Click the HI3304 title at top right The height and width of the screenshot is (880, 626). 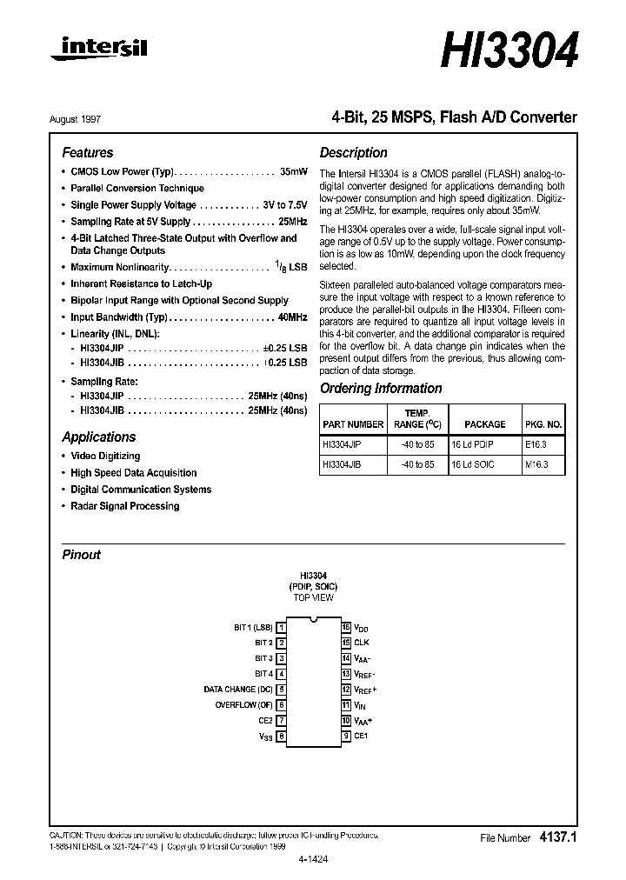[509, 51]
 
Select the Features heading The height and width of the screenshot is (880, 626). [87, 152]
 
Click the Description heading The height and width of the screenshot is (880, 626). [353, 152]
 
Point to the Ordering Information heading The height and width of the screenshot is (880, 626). [381, 389]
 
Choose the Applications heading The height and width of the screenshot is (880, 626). [98, 437]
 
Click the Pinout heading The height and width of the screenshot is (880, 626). [81, 555]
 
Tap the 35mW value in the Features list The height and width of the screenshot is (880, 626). [293, 171]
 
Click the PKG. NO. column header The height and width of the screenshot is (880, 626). [543, 424]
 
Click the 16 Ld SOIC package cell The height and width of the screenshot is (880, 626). [472, 465]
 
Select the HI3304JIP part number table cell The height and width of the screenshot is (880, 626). [342, 443]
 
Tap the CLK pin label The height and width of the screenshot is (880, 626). [362, 643]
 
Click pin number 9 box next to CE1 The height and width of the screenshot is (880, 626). [346, 737]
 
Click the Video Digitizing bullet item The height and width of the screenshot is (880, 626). [104, 456]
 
